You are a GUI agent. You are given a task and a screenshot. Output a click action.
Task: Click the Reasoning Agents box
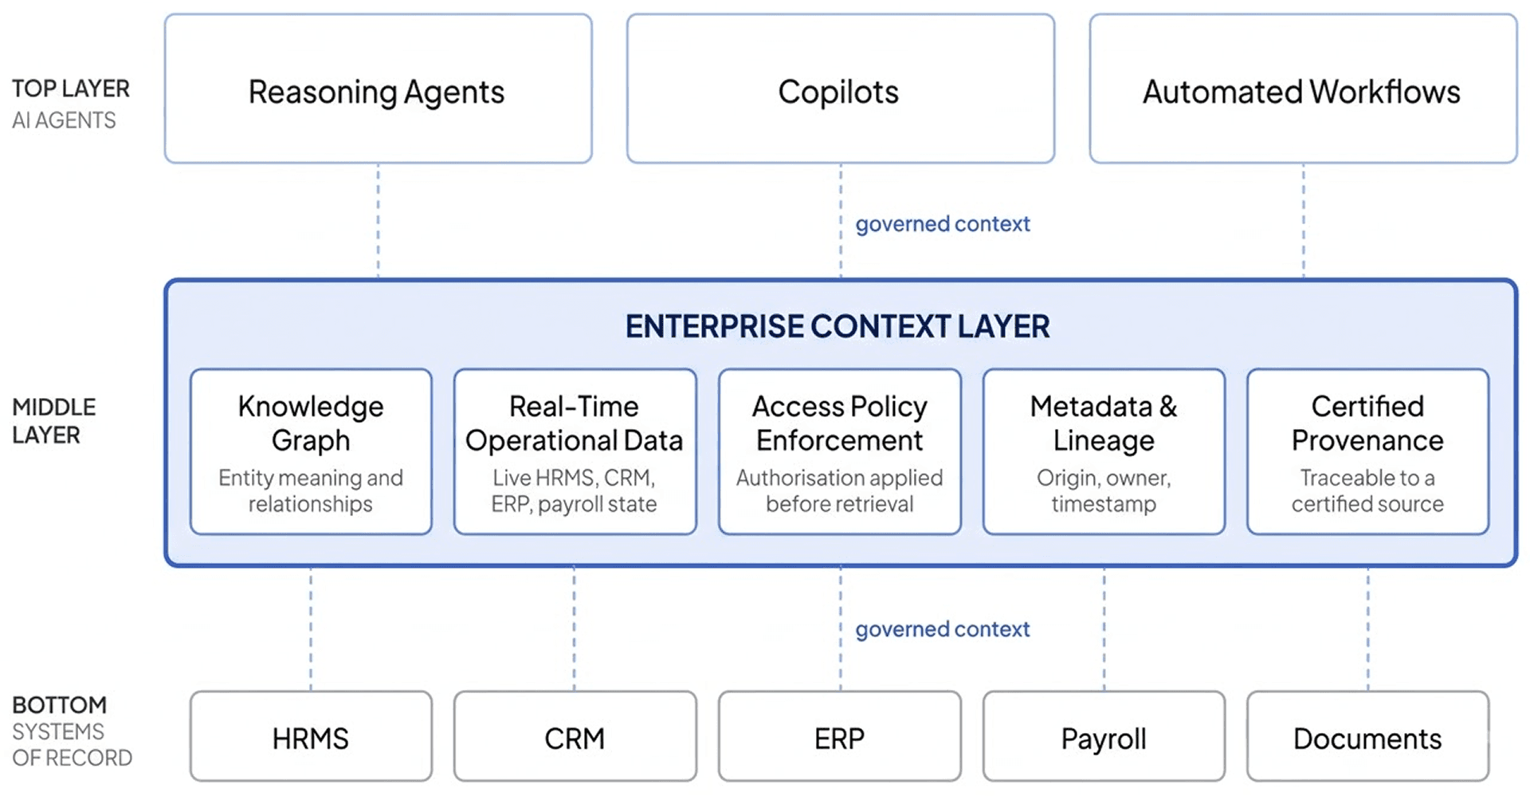379,89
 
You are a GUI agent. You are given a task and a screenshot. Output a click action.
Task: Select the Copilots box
841,89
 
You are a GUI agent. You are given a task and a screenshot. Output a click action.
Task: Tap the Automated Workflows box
1303,89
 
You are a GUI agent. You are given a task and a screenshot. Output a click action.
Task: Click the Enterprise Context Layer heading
838,326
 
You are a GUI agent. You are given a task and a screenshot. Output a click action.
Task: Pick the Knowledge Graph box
311,451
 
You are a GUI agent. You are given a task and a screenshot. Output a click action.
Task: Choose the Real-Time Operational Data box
575,451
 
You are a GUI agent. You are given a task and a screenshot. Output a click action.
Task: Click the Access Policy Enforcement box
840,451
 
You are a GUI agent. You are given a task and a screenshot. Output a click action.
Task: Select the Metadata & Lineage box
1104,451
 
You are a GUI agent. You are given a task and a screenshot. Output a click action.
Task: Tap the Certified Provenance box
1368,451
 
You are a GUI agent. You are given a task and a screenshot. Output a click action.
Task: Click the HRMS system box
311,736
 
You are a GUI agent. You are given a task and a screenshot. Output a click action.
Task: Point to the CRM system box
575,736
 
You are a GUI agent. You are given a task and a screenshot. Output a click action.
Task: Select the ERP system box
840,736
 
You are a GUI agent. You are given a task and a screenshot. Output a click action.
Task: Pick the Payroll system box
1104,736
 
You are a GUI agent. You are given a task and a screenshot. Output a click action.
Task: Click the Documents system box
1368,736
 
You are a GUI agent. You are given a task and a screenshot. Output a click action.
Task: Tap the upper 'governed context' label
943,224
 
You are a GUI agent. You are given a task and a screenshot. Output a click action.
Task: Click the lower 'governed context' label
943,629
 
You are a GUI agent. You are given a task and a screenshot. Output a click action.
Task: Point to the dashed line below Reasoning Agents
379,221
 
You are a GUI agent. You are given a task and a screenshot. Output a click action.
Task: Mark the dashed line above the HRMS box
311,629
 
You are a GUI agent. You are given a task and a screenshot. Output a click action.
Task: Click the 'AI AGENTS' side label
64,120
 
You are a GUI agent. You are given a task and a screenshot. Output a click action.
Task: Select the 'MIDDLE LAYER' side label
53,421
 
